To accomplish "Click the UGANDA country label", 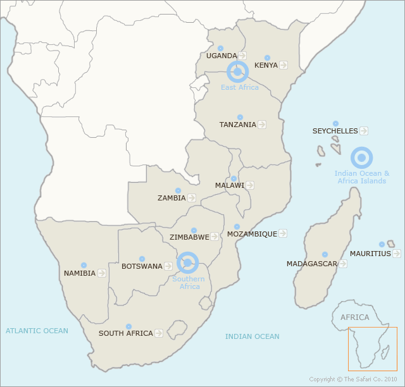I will pyautogui.click(x=221, y=56).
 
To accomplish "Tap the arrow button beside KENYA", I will pyautogui.click(x=283, y=65).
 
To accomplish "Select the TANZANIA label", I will pyautogui.click(x=238, y=125).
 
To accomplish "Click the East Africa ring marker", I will pyautogui.click(x=237, y=72).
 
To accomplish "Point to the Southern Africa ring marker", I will pyautogui.click(x=187, y=262).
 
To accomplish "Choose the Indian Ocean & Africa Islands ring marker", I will pyautogui.click(x=361, y=157).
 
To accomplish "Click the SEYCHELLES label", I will pyautogui.click(x=335, y=131).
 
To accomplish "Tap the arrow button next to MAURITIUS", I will pyautogui.click(x=397, y=254).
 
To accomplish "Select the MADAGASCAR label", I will pyautogui.click(x=311, y=264).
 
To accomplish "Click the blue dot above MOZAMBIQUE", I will pyautogui.click(x=237, y=226).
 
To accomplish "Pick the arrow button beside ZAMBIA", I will pyautogui.click(x=191, y=198).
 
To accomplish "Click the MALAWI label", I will pyautogui.click(x=229, y=185).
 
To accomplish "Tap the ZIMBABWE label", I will pyautogui.click(x=189, y=237).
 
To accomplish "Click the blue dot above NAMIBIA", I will pyautogui.click(x=84, y=266).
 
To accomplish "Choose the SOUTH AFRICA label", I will pyautogui.click(x=125, y=333).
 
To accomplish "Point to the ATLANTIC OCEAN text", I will pyautogui.click(x=37, y=331).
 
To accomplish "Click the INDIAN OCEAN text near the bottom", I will pyautogui.click(x=252, y=336).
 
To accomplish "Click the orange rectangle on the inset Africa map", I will pyautogui.click(x=372, y=348).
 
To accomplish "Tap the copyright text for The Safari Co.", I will pyautogui.click(x=354, y=379).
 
